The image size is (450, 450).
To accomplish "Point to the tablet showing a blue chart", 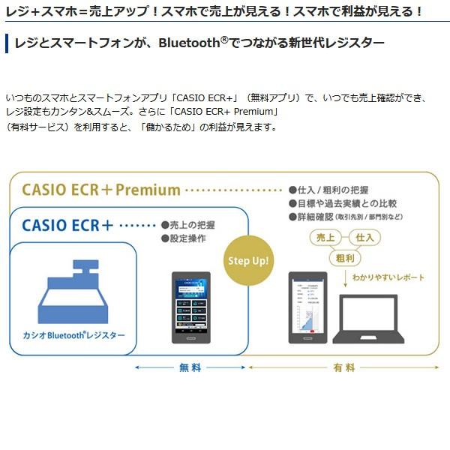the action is [x=308, y=307].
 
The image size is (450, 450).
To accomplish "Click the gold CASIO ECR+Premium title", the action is [x=101, y=190].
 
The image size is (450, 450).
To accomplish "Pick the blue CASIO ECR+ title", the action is [x=68, y=224].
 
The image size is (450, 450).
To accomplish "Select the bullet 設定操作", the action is [x=183, y=238].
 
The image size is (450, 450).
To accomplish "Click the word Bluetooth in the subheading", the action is [x=190, y=43].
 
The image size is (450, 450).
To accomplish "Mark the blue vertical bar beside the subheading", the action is [x=6, y=43].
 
